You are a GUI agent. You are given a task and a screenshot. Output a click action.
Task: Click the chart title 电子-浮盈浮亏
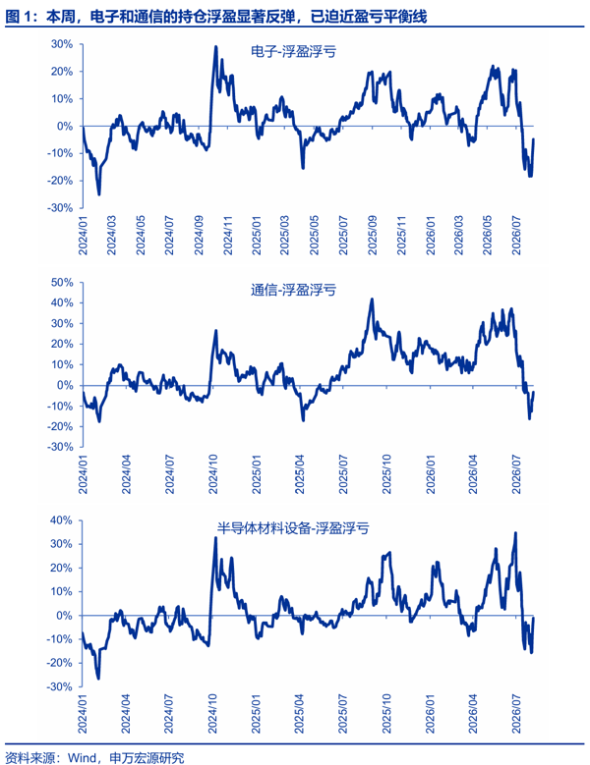pyautogui.click(x=293, y=51)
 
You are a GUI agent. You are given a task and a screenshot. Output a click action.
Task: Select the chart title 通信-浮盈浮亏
pyautogui.click(x=293, y=290)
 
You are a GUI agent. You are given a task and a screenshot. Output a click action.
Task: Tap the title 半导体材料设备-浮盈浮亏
pyautogui.click(x=293, y=528)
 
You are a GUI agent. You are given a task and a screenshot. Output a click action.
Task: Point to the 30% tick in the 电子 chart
pyautogui.click(x=62, y=44)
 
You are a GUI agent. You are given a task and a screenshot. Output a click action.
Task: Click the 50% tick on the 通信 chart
pyautogui.click(x=62, y=283)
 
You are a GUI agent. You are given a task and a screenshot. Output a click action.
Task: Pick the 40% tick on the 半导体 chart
pyautogui.click(x=61, y=520)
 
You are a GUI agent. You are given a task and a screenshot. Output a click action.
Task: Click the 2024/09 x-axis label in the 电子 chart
pyautogui.click(x=199, y=235)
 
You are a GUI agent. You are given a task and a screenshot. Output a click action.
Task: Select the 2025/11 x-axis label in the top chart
pyautogui.click(x=401, y=235)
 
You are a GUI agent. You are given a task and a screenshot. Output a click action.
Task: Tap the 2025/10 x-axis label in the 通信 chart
pyautogui.click(x=386, y=474)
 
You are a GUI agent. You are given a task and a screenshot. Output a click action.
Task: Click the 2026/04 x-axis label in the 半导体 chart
pyautogui.click(x=472, y=713)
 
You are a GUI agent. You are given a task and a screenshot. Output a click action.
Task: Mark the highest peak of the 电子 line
pyautogui.click(x=216, y=47)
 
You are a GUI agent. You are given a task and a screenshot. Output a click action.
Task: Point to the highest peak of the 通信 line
pyautogui.click(x=372, y=300)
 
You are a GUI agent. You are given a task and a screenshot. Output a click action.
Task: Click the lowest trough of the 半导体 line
pyautogui.click(x=98, y=679)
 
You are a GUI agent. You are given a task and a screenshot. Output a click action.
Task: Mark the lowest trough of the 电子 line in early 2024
pyautogui.click(x=99, y=194)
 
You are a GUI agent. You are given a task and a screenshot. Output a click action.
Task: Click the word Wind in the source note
pyautogui.click(x=82, y=758)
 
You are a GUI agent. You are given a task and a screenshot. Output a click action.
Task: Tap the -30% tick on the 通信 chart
pyautogui.click(x=60, y=447)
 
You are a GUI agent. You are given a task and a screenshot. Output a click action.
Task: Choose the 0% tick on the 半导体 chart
pyautogui.click(x=64, y=616)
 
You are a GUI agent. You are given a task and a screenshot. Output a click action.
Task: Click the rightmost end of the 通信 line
pyautogui.click(x=533, y=392)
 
